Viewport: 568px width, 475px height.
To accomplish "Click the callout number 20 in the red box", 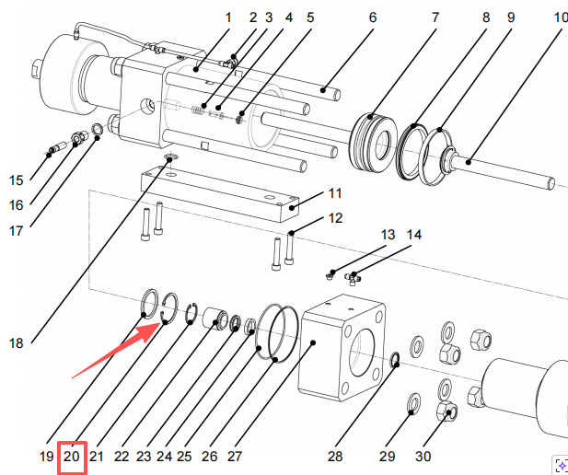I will point(72,456).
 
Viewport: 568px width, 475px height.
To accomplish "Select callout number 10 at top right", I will point(561,17).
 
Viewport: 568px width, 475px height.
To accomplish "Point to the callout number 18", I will point(17,343).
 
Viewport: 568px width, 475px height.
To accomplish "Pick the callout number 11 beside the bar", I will point(335,193).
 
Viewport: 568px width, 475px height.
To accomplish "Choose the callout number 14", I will point(414,235).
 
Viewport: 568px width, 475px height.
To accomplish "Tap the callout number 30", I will point(423,456).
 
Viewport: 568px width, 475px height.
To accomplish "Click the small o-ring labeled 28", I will point(394,359).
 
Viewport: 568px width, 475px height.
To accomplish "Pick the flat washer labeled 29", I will point(413,401).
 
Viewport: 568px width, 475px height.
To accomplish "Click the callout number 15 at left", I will point(17,180).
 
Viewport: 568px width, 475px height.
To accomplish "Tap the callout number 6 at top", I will point(373,17).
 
